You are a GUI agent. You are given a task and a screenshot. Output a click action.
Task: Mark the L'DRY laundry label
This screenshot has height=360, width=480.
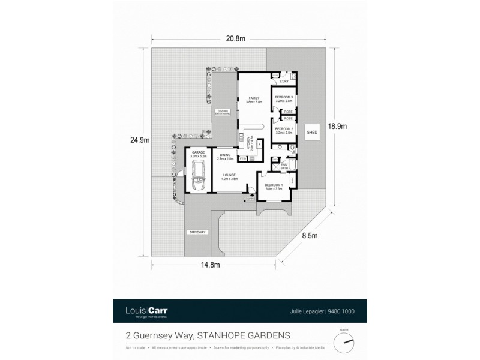(284, 82)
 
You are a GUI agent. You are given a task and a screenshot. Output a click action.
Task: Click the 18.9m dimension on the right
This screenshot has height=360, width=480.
(338, 127)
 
